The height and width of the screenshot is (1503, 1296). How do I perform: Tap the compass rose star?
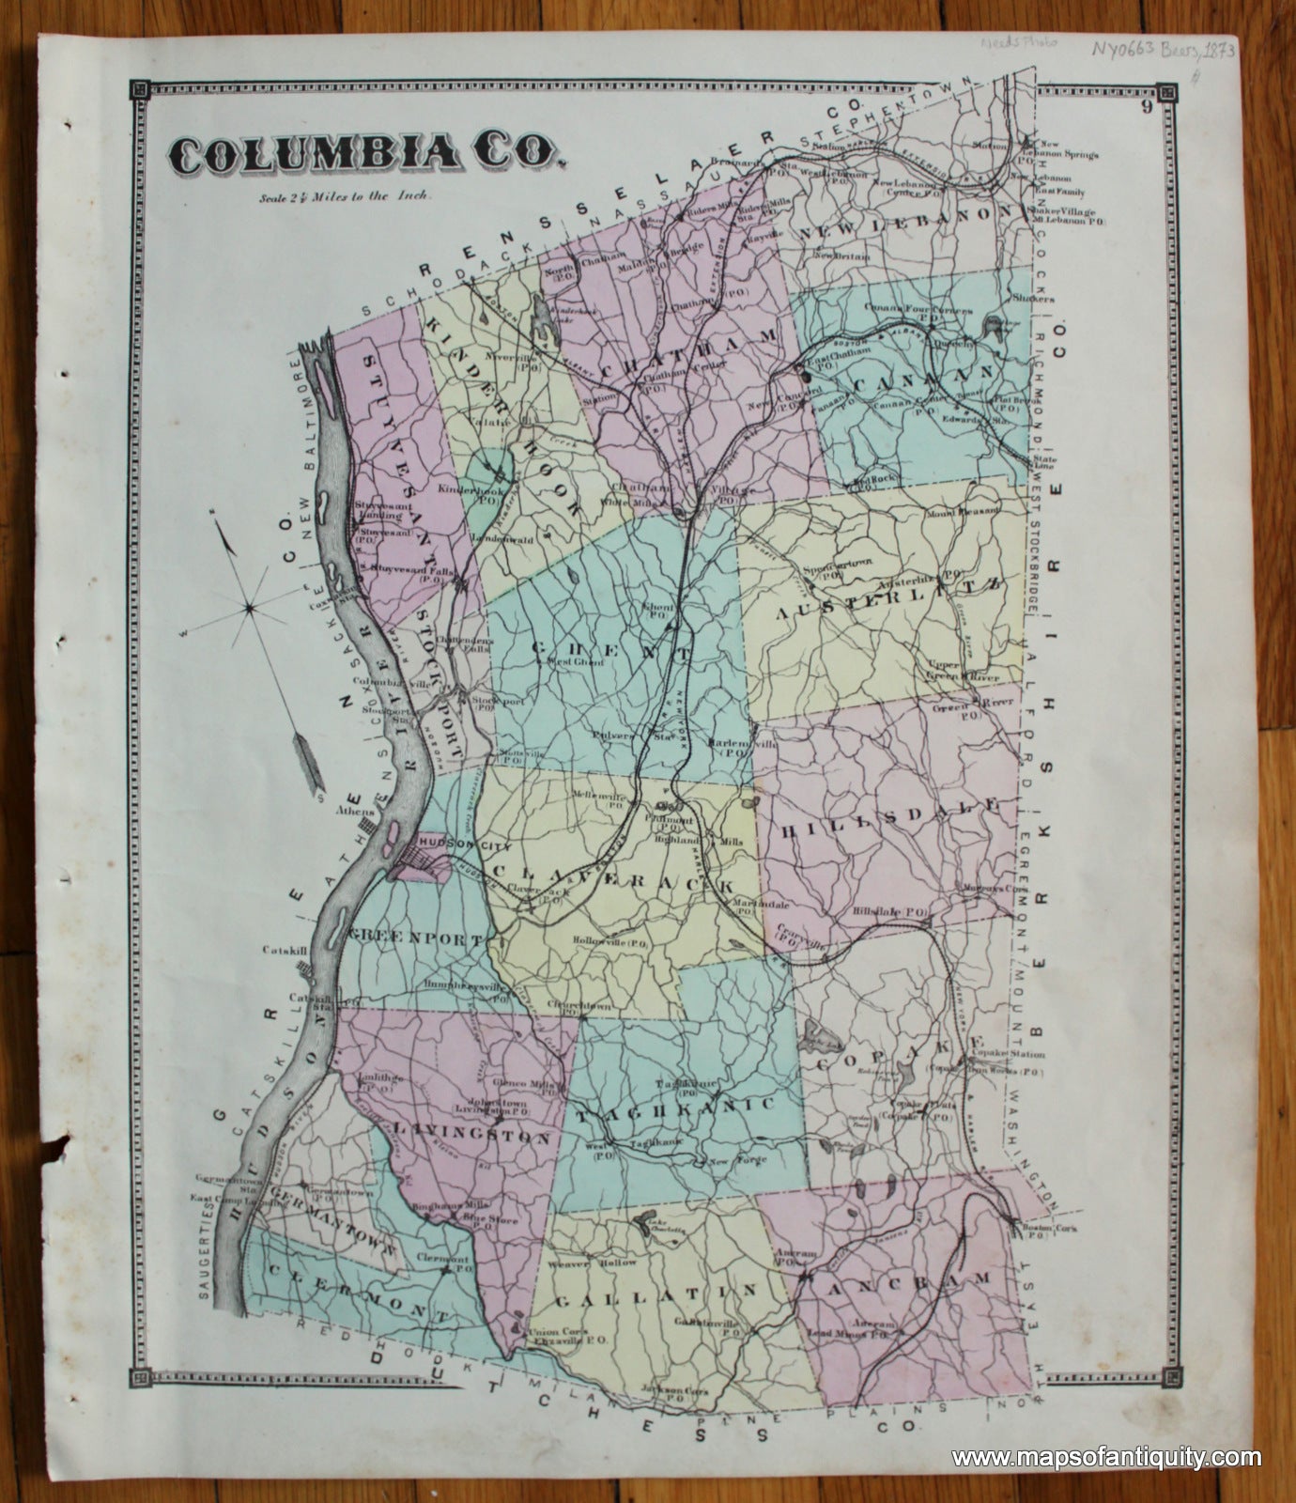[x=250, y=609]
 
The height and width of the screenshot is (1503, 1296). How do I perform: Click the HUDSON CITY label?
[x=449, y=844]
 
